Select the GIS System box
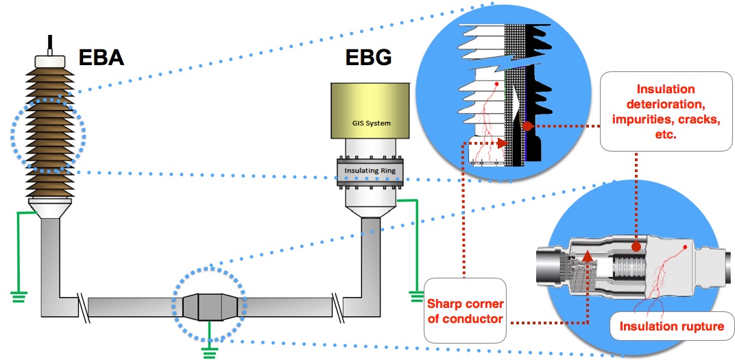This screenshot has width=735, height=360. tap(370, 110)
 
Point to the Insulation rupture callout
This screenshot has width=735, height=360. tap(671, 326)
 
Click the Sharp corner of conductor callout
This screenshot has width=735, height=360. tap(465, 311)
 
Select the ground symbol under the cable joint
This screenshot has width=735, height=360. tap(208, 352)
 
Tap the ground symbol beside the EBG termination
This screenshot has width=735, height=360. tap(416, 296)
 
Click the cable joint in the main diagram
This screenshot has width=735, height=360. tap(209, 305)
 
